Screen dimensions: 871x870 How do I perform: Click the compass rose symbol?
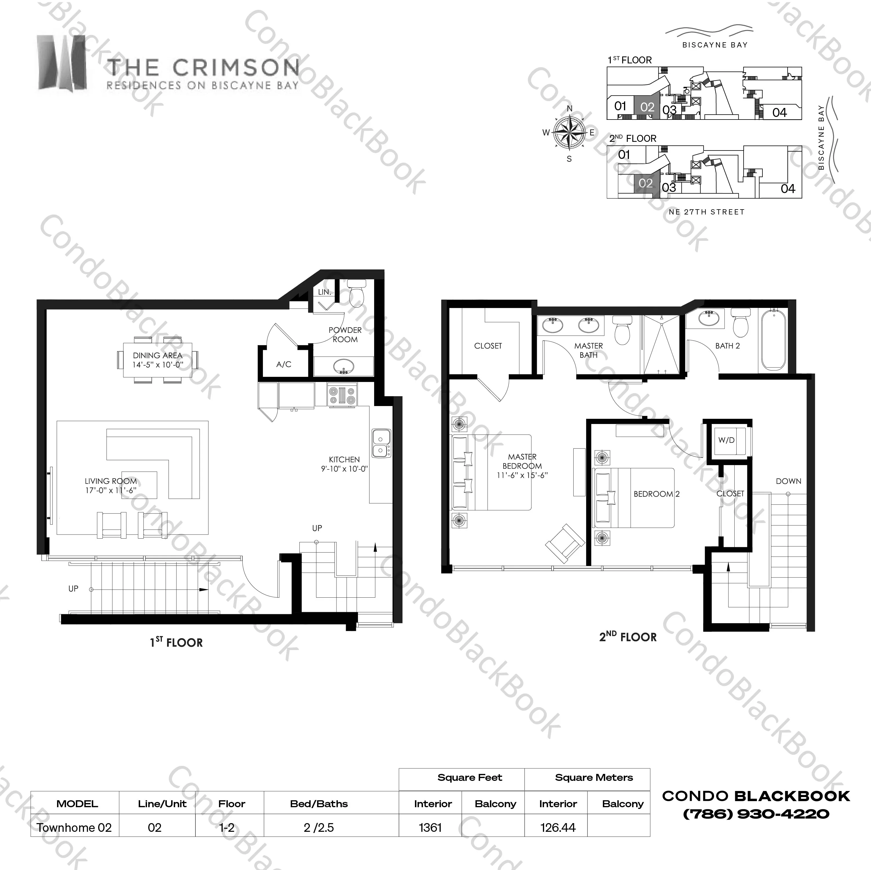pyautogui.click(x=569, y=133)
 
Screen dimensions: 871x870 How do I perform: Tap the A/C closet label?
pyautogui.click(x=283, y=364)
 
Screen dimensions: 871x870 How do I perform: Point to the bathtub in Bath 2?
pyautogui.click(x=773, y=340)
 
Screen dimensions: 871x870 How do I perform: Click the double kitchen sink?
pyautogui.click(x=381, y=443)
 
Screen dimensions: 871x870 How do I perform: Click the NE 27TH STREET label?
pyautogui.click(x=707, y=212)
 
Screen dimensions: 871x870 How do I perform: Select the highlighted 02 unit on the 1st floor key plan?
pyautogui.click(x=647, y=107)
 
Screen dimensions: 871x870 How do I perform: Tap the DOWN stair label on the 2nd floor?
pyautogui.click(x=788, y=481)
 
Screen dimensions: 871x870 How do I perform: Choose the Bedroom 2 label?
pyautogui.click(x=656, y=494)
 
